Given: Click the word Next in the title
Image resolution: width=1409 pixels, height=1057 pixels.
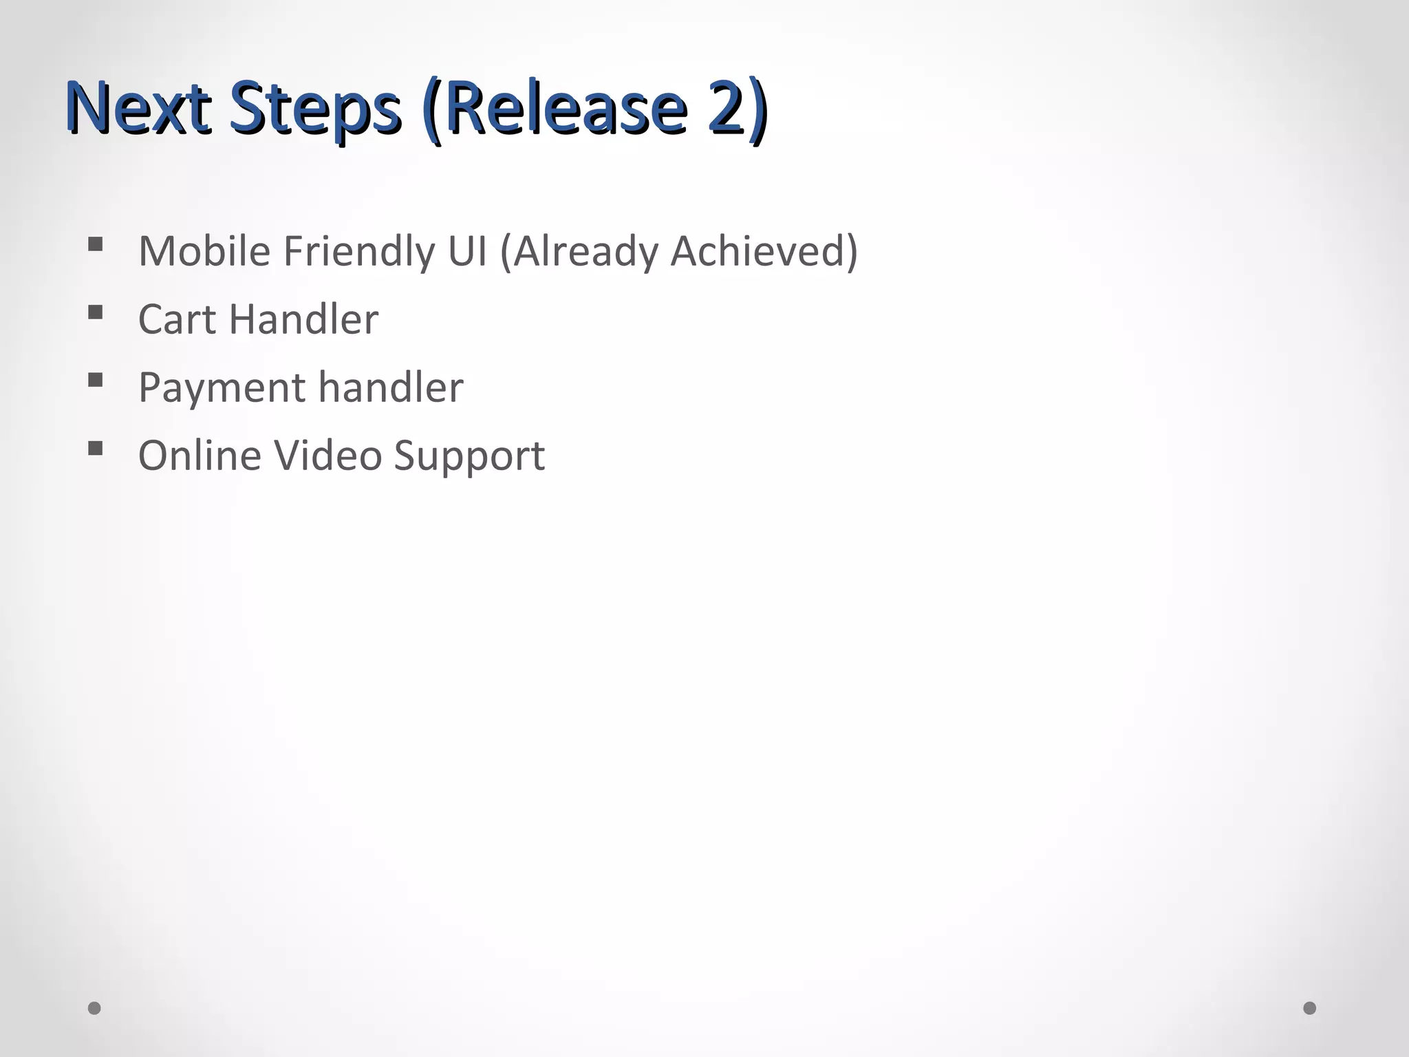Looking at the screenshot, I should pyautogui.click(x=138, y=109).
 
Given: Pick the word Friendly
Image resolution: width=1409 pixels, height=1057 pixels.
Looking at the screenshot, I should pyautogui.click(x=358, y=252).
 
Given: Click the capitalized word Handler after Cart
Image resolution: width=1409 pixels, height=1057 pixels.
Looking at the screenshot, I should pyautogui.click(x=303, y=319).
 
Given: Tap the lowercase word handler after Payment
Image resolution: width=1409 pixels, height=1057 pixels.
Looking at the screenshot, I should pyautogui.click(x=390, y=387).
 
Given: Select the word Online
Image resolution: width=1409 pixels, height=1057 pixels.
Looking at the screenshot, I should pyautogui.click(x=200, y=456).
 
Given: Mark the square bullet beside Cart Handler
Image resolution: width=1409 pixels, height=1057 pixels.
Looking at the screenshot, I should pyautogui.click(x=96, y=312).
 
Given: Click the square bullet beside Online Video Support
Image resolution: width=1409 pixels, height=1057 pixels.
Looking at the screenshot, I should pyautogui.click(x=96, y=449).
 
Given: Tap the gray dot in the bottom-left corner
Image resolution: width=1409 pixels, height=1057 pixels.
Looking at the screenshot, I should pyautogui.click(x=95, y=1008).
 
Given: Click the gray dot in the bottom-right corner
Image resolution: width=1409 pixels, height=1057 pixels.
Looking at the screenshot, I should pyautogui.click(x=1310, y=1008).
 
